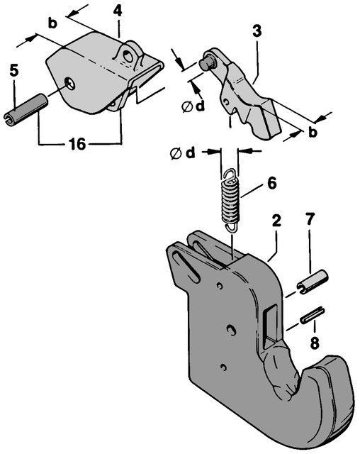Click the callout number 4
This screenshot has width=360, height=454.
(x=118, y=11)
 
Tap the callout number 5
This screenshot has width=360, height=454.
(x=13, y=70)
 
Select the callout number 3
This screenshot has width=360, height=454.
(x=257, y=31)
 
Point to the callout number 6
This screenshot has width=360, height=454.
(x=271, y=183)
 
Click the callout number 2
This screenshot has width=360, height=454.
(x=276, y=221)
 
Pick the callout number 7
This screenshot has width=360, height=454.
(x=310, y=219)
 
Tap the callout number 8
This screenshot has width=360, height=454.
(x=315, y=343)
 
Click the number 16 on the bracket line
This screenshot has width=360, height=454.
(x=77, y=144)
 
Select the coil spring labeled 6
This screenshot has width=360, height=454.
(x=231, y=200)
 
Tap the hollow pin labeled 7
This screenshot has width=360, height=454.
(x=313, y=282)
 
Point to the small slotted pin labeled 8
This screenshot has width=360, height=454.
(x=312, y=315)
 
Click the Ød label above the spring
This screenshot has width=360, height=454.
(x=183, y=153)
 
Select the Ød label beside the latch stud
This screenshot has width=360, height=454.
(x=193, y=107)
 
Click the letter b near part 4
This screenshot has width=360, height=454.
(x=52, y=23)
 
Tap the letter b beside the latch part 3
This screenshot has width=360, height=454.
(x=313, y=133)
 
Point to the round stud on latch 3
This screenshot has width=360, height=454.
(x=206, y=64)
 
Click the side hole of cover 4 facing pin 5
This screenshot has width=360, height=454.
(x=69, y=84)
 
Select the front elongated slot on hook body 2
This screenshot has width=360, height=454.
(x=186, y=267)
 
